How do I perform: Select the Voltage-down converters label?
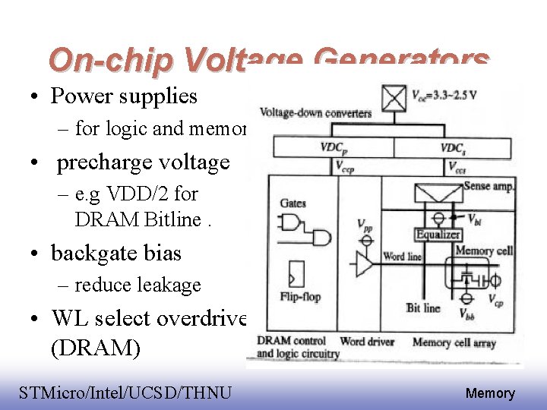(315, 114)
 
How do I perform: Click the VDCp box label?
(335, 147)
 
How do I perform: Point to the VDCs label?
(454, 147)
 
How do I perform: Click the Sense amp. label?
(489, 186)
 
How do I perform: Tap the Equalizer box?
(438, 235)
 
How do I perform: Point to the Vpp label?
(365, 225)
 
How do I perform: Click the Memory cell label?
(484, 251)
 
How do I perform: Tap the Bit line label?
(423, 307)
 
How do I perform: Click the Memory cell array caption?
(454, 343)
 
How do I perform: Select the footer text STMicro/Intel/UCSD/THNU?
(125, 393)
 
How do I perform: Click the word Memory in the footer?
(490, 393)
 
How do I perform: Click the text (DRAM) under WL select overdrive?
(96, 348)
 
